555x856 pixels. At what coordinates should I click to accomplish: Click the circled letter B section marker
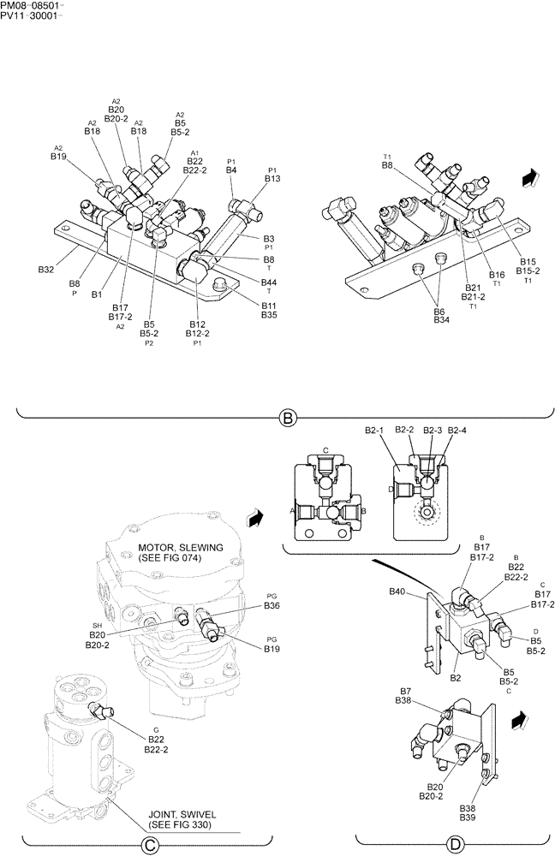click(288, 419)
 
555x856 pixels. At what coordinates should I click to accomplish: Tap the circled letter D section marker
click(455, 845)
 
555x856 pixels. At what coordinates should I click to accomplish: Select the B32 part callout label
click(46, 270)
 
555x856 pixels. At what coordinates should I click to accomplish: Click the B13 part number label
click(272, 179)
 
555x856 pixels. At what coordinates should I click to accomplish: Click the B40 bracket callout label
click(397, 591)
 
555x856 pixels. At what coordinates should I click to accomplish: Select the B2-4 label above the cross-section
click(457, 430)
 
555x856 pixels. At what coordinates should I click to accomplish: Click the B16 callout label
click(497, 274)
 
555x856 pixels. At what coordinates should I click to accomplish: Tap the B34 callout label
click(442, 320)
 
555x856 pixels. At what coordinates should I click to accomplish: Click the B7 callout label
click(405, 690)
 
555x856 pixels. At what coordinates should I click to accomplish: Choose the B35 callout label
click(269, 315)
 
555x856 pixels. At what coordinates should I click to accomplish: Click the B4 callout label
click(231, 170)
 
